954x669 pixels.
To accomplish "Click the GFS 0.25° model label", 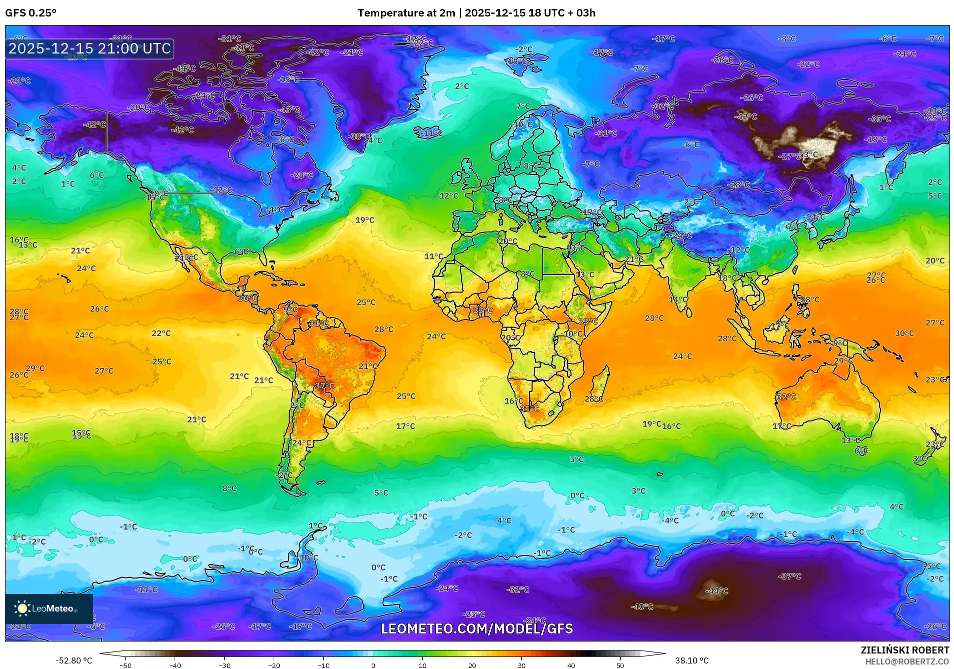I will click(x=31, y=13).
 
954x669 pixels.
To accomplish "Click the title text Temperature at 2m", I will click(x=406, y=13).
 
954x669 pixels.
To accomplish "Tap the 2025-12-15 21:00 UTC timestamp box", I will click(x=90, y=48).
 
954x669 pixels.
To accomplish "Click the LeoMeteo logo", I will click(x=49, y=608).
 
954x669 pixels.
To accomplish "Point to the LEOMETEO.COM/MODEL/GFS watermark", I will click(x=477, y=628).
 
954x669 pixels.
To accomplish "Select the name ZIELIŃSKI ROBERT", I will click(x=904, y=650).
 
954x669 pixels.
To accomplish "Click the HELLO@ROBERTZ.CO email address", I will click(x=906, y=661).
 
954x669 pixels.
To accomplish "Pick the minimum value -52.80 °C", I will click(x=74, y=660).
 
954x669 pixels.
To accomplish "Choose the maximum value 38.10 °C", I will click(x=691, y=660).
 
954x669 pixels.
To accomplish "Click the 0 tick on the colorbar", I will click(x=373, y=665).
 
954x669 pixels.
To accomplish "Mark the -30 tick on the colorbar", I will click(x=224, y=665).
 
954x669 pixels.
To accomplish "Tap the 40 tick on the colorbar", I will click(x=571, y=665).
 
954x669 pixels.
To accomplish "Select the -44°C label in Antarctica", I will click(x=716, y=591).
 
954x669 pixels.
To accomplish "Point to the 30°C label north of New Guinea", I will click(x=904, y=333).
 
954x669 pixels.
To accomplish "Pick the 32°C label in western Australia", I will click(x=786, y=396).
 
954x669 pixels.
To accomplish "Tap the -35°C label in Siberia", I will click(x=880, y=119).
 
